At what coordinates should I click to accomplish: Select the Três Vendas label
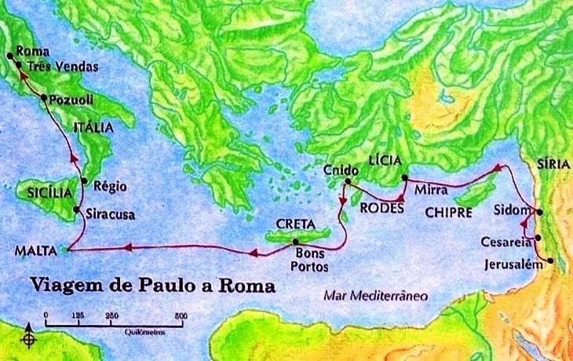62,67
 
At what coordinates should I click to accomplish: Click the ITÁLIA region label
93,127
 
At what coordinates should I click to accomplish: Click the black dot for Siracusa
76,210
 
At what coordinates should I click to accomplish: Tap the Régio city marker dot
84,180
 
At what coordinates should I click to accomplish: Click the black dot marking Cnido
346,182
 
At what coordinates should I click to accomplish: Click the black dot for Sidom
538,212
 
